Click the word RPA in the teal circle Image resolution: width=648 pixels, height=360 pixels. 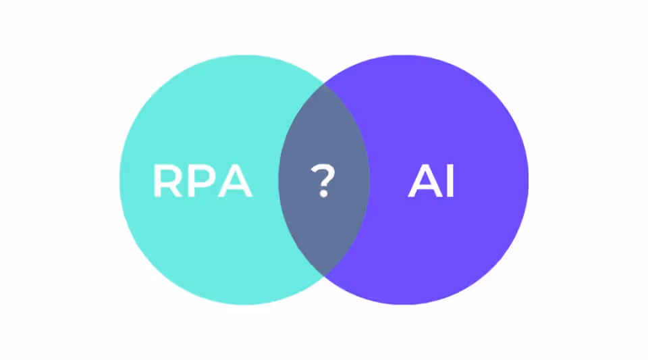(x=202, y=181)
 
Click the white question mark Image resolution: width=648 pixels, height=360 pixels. (x=323, y=180)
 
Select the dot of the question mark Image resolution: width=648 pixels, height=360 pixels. (x=323, y=194)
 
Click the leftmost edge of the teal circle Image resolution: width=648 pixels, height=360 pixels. (x=120, y=180)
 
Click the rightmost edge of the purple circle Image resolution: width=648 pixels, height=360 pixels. (x=529, y=180)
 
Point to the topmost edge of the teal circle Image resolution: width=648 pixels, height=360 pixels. (x=245, y=55)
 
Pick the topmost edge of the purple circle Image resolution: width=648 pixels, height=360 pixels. (x=404, y=55)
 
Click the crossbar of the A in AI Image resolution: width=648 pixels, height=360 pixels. (x=423, y=188)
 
